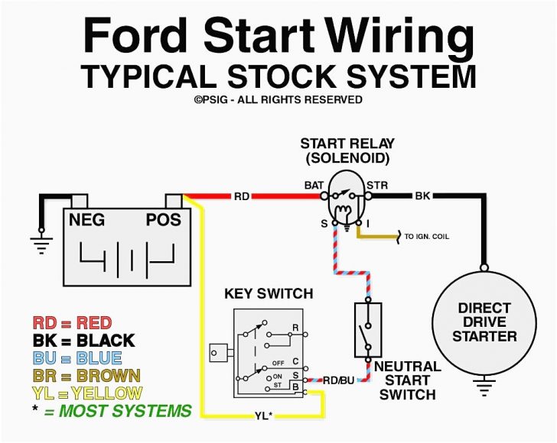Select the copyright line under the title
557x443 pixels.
tap(278, 99)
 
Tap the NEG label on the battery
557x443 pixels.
tap(86, 220)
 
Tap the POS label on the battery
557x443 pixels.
tap(163, 220)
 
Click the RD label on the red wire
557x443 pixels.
tap(241, 196)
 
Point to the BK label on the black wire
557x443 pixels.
tap(423, 196)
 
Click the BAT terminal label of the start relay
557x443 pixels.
tap(314, 186)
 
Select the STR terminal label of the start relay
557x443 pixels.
tap(377, 186)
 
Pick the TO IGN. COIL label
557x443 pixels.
tap(427, 237)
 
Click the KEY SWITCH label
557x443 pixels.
tap(268, 293)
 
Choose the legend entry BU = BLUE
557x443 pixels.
tap(77, 357)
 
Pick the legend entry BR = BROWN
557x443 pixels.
tap(86, 375)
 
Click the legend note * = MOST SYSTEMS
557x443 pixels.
tap(112, 411)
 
